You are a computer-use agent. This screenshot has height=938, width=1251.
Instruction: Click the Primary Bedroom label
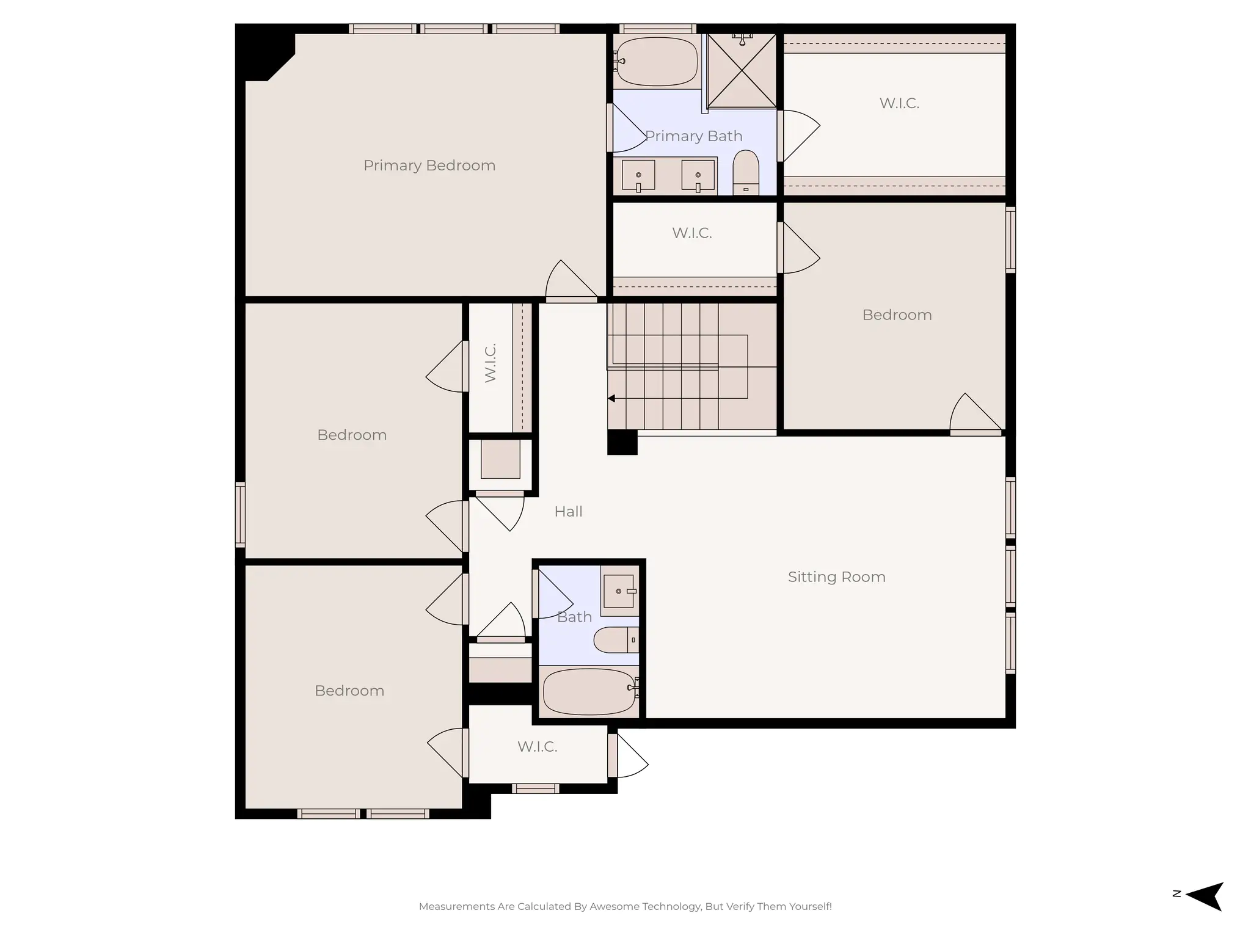pos(429,165)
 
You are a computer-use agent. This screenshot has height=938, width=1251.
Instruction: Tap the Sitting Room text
pos(836,577)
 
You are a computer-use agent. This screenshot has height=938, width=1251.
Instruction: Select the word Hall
pos(568,512)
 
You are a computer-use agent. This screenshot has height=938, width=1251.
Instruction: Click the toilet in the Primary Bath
pos(745,172)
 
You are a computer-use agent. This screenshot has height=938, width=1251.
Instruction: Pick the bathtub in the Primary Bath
pos(657,61)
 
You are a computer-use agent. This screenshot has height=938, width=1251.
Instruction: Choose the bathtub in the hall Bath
pos(589,691)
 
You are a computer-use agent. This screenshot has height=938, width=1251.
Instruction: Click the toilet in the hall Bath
pos(614,640)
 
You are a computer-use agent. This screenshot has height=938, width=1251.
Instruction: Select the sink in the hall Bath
pos(618,591)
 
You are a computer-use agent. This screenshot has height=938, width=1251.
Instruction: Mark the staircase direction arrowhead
pos(611,399)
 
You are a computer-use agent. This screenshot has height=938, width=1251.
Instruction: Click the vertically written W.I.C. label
pos(490,363)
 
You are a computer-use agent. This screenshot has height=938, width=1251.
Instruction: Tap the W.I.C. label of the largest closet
pos(899,103)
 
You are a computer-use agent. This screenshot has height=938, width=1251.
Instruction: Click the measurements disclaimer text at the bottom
pos(625,906)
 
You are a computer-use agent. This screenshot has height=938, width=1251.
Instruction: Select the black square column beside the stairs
pos(622,442)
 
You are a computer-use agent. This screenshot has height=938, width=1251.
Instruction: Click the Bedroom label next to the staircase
pos(897,315)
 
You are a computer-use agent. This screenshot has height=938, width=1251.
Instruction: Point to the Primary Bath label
pos(693,136)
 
